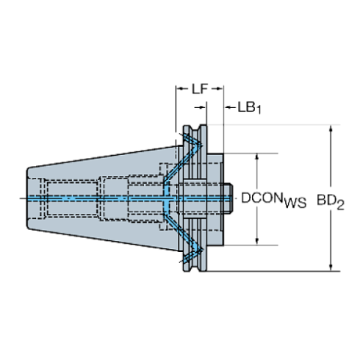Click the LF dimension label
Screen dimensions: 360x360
(196, 89)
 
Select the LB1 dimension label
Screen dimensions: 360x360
(248, 107)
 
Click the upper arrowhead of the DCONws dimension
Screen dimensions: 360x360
(256, 156)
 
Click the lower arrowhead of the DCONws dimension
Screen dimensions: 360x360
(256, 242)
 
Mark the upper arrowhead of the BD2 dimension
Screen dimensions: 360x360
(331, 130)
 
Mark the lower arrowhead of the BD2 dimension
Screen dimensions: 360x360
(331, 267)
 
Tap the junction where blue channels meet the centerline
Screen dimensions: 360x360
(169, 198)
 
